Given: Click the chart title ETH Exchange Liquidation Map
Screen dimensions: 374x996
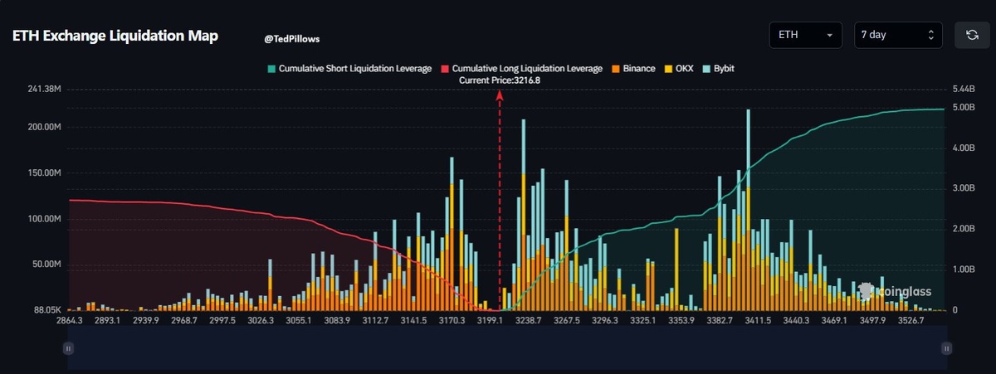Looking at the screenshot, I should [x=115, y=36].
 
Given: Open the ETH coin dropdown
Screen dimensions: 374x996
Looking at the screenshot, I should [x=805, y=36].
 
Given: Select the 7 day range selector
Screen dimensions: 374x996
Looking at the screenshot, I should [x=898, y=36].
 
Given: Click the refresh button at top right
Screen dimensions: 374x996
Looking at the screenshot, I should [x=971, y=36].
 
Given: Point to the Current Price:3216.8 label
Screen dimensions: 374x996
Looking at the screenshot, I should [x=500, y=80].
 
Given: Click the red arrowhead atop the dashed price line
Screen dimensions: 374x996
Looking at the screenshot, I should [x=500, y=95].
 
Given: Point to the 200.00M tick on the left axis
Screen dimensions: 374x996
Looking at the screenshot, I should [x=42, y=127].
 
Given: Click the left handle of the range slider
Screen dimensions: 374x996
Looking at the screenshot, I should [x=68, y=349].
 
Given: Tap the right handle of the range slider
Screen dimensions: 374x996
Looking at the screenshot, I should [x=945, y=349].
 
